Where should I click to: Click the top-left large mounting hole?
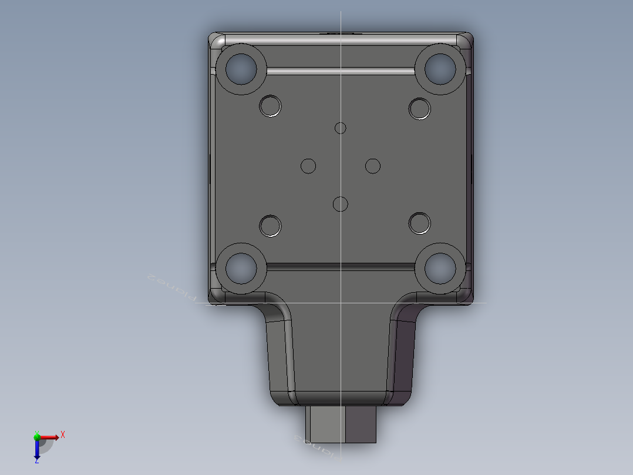241,69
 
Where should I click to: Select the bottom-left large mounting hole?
241,268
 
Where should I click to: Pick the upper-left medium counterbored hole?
270,106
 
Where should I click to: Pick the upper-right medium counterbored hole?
419,108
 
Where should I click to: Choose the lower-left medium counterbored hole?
270,225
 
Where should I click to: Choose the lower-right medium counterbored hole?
419,223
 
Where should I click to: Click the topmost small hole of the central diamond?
341,128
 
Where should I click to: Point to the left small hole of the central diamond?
308,166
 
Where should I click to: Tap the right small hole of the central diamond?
373,166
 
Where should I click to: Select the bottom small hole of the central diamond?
340,204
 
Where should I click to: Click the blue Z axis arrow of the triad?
36,451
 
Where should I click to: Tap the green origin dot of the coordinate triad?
36,437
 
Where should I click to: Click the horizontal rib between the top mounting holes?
341,71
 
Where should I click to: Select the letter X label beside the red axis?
63,434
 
